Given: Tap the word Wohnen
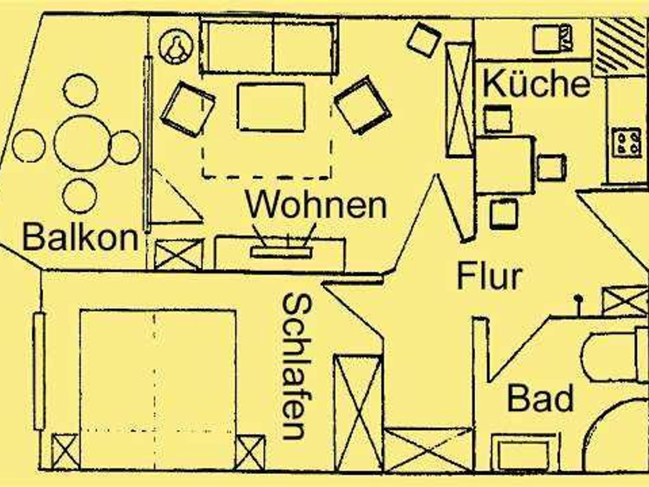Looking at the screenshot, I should [x=316, y=205].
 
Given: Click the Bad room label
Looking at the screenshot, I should [x=541, y=398].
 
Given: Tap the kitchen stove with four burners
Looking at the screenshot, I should [x=626, y=142].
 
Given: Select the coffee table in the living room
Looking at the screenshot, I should [x=271, y=107].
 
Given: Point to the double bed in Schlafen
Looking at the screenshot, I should [x=158, y=389].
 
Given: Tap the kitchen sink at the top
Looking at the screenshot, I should [x=552, y=39].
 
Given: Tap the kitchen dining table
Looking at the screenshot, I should [x=504, y=165].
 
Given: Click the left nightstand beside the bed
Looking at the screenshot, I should [x=65, y=451].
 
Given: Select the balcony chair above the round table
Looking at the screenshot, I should [x=80, y=90].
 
